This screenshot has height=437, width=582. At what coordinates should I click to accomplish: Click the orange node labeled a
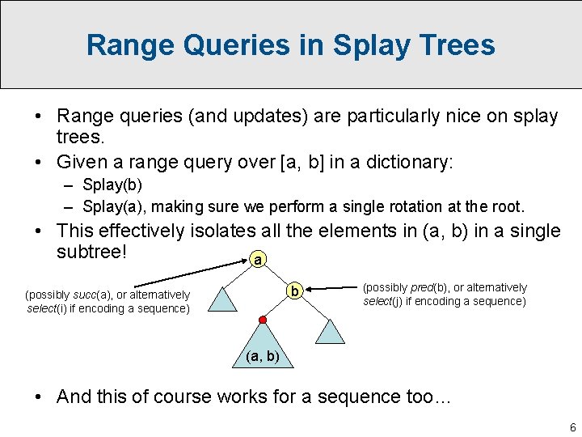pyautogui.click(x=257, y=261)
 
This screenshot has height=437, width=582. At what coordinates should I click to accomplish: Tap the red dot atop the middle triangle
pyautogui.click(x=261, y=322)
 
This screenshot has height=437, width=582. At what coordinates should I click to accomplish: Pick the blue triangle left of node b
pyautogui.click(x=223, y=299)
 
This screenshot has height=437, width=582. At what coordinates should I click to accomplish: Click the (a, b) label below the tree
pyautogui.click(x=261, y=356)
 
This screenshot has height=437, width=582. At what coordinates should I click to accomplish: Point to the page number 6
pyautogui.click(x=572, y=427)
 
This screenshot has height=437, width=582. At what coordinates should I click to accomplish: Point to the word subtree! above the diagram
pyautogui.click(x=92, y=252)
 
